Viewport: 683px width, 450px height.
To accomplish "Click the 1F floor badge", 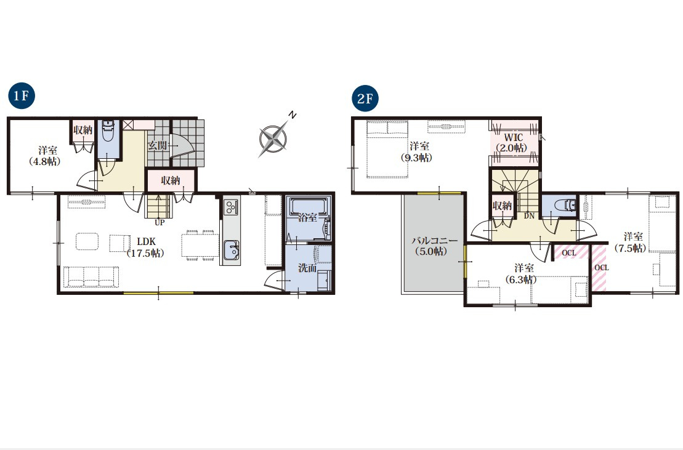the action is tap(22, 96).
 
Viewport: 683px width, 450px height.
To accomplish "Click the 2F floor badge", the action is tap(365, 98).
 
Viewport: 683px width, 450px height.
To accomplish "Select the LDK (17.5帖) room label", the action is tap(146, 247).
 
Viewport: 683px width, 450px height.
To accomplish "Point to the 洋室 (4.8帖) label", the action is tap(46, 156).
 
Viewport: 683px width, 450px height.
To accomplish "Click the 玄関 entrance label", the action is tap(157, 145).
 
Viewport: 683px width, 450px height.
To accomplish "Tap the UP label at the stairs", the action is tap(160, 222).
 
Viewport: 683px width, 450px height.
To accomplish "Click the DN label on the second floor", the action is tap(529, 215).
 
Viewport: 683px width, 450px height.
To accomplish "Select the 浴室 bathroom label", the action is tap(307, 217).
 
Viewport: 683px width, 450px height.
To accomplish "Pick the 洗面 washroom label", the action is tap(307, 268).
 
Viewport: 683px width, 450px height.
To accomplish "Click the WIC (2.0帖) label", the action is tap(513, 143).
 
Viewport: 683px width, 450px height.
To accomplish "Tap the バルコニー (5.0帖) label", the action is tap(433, 246).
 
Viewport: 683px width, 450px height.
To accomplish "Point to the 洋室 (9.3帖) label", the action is tap(418, 152).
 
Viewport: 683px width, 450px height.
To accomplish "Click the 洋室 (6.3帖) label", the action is tap(522, 274).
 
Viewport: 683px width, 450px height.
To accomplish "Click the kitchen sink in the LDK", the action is tap(231, 250).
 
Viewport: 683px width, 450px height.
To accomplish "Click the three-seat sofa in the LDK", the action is tap(91, 277).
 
